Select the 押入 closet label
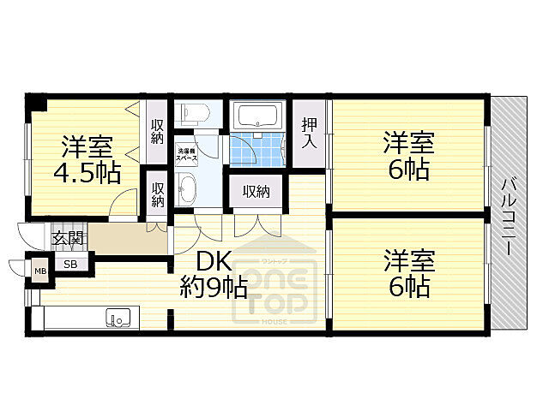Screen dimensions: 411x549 pyautogui.click(x=309, y=134)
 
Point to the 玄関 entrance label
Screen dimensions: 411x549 pyautogui.click(x=69, y=238)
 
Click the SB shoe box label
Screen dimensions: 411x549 pyautogui.click(x=71, y=265)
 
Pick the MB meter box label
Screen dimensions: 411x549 pyautogui.click(x=39, y=272)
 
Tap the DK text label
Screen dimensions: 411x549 pyautogui.click(x=212, y=261)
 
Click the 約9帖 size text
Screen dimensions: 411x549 pyautogui.click(x=214, y=286)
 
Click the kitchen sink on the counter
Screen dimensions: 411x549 pyautogui.click(x=118, y=319)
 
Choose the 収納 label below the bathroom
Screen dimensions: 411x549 pyautogui.click(x=256, y=191)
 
